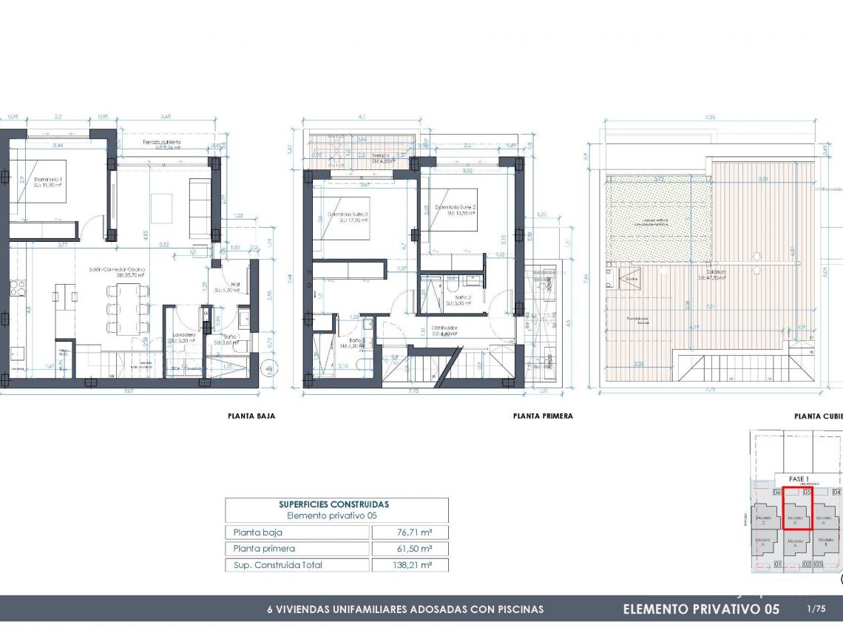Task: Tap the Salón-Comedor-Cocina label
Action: tap(117, 270)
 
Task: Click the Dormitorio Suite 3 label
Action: tap(348, 215)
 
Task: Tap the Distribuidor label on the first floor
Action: tap(444, 328)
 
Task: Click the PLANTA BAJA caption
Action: tap(251, 416)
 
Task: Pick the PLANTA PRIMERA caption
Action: tap(543, 416)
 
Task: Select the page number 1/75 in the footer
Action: tap(816, 609)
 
